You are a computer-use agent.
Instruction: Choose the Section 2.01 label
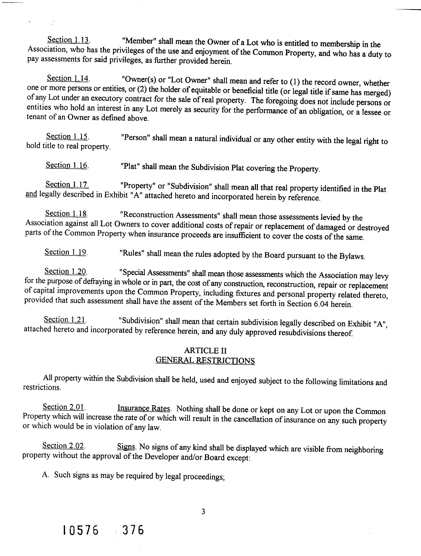[64, 407]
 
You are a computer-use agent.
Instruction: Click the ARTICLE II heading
[205, 350]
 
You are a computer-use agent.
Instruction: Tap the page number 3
[203, 511]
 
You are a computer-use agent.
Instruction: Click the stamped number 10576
[80, 531]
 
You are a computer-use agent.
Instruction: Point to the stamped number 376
[133, 530]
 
